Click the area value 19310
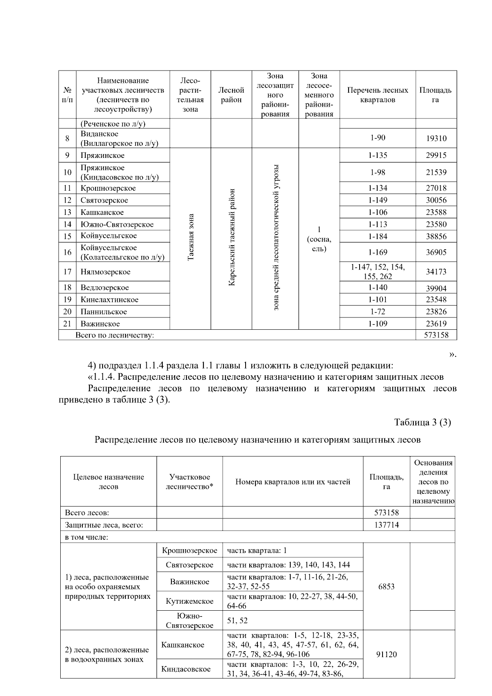click(x=436, y=139)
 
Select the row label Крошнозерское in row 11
click(x=108, y=188)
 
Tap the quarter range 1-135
click(x=377, y=155)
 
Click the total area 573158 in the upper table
click(x=436, y=335)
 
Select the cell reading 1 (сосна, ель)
click(x=319, y=239)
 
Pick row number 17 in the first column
click(x=67, y=272)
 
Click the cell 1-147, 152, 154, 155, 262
click(x=377, y=272)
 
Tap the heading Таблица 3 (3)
click(x=422, y=422)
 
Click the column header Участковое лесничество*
click(x=189, y=481)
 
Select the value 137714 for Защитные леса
click(x=386, y=525)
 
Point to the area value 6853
click(x=386, y=586)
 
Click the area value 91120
click(x=386, y=655)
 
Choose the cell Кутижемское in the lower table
click(x=189, y=601)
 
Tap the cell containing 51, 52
click(x=237, y=621)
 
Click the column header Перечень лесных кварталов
click(x=377, y=95)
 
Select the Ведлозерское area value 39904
click(x=436, y=288)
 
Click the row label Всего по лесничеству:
click(x=115, y=335)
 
